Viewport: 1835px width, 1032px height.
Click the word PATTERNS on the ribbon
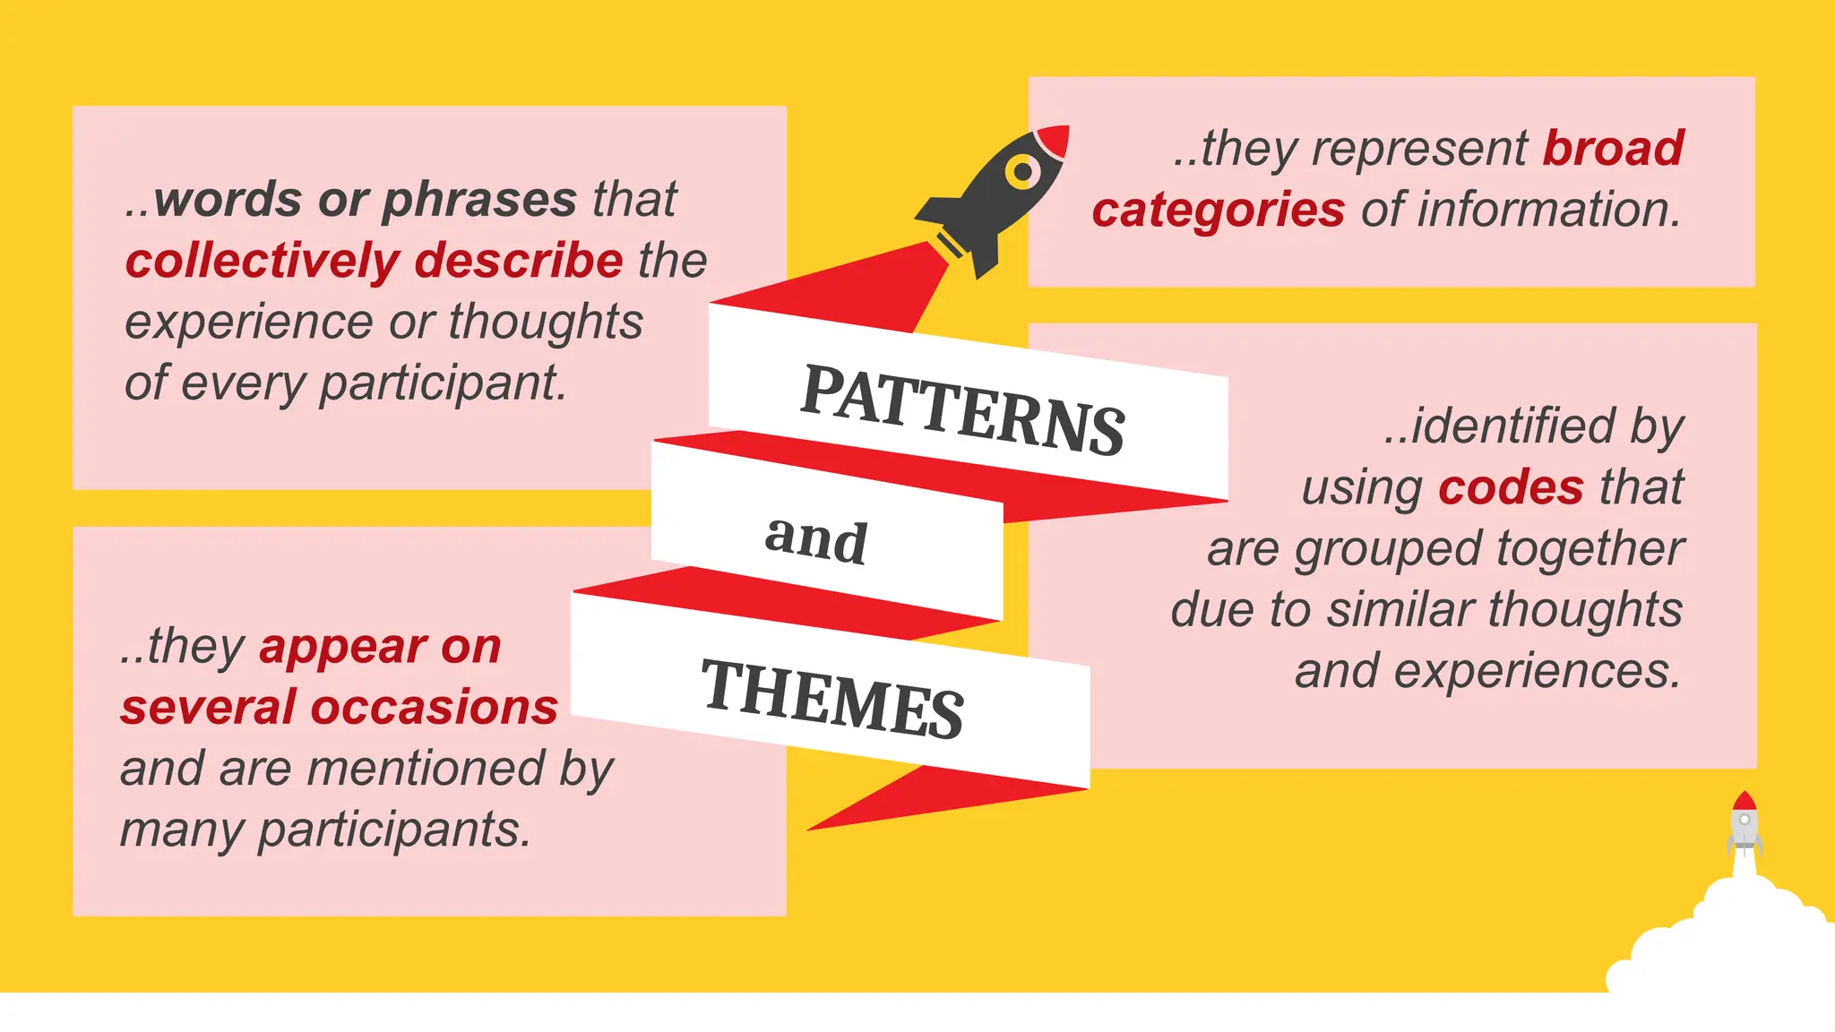click(x=962, y=409)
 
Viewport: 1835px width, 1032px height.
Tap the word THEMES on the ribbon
click(x=831, y=699)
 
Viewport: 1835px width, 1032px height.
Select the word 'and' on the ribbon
click(x=815, y=540)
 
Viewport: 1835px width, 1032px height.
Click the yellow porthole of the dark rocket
click(x=1022, y=170)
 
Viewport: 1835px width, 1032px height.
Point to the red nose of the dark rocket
click(x=1055, y=140)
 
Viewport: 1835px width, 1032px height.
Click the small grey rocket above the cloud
click(x=1744, y=822)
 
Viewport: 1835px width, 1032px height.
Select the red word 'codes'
click(x=1511, y=488)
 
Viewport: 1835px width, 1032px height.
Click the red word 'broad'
click(x=1613, y=149)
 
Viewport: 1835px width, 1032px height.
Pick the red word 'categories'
click(x=1219, y=211)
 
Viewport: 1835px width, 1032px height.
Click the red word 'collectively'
click(x=263, y=262)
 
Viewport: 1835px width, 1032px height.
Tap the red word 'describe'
click(x=519, y=261)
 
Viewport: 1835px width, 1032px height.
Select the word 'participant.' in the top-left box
click(x=444, y=383)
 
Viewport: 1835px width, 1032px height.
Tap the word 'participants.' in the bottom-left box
click(x=394, y=830)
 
